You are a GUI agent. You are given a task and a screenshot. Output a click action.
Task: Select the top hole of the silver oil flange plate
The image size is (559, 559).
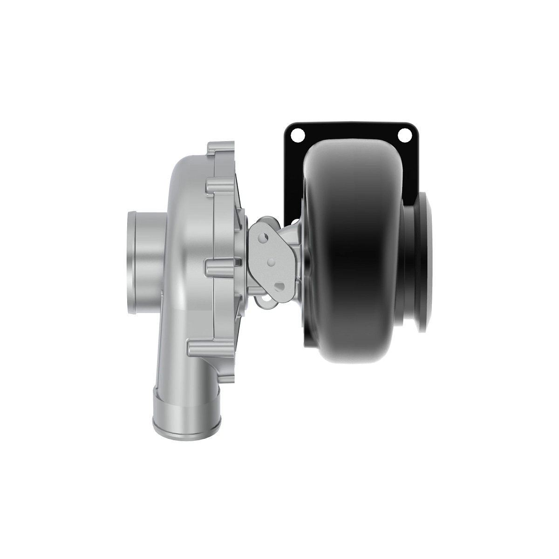point(264,238)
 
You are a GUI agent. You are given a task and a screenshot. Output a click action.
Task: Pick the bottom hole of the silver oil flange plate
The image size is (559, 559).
point(279,286)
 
